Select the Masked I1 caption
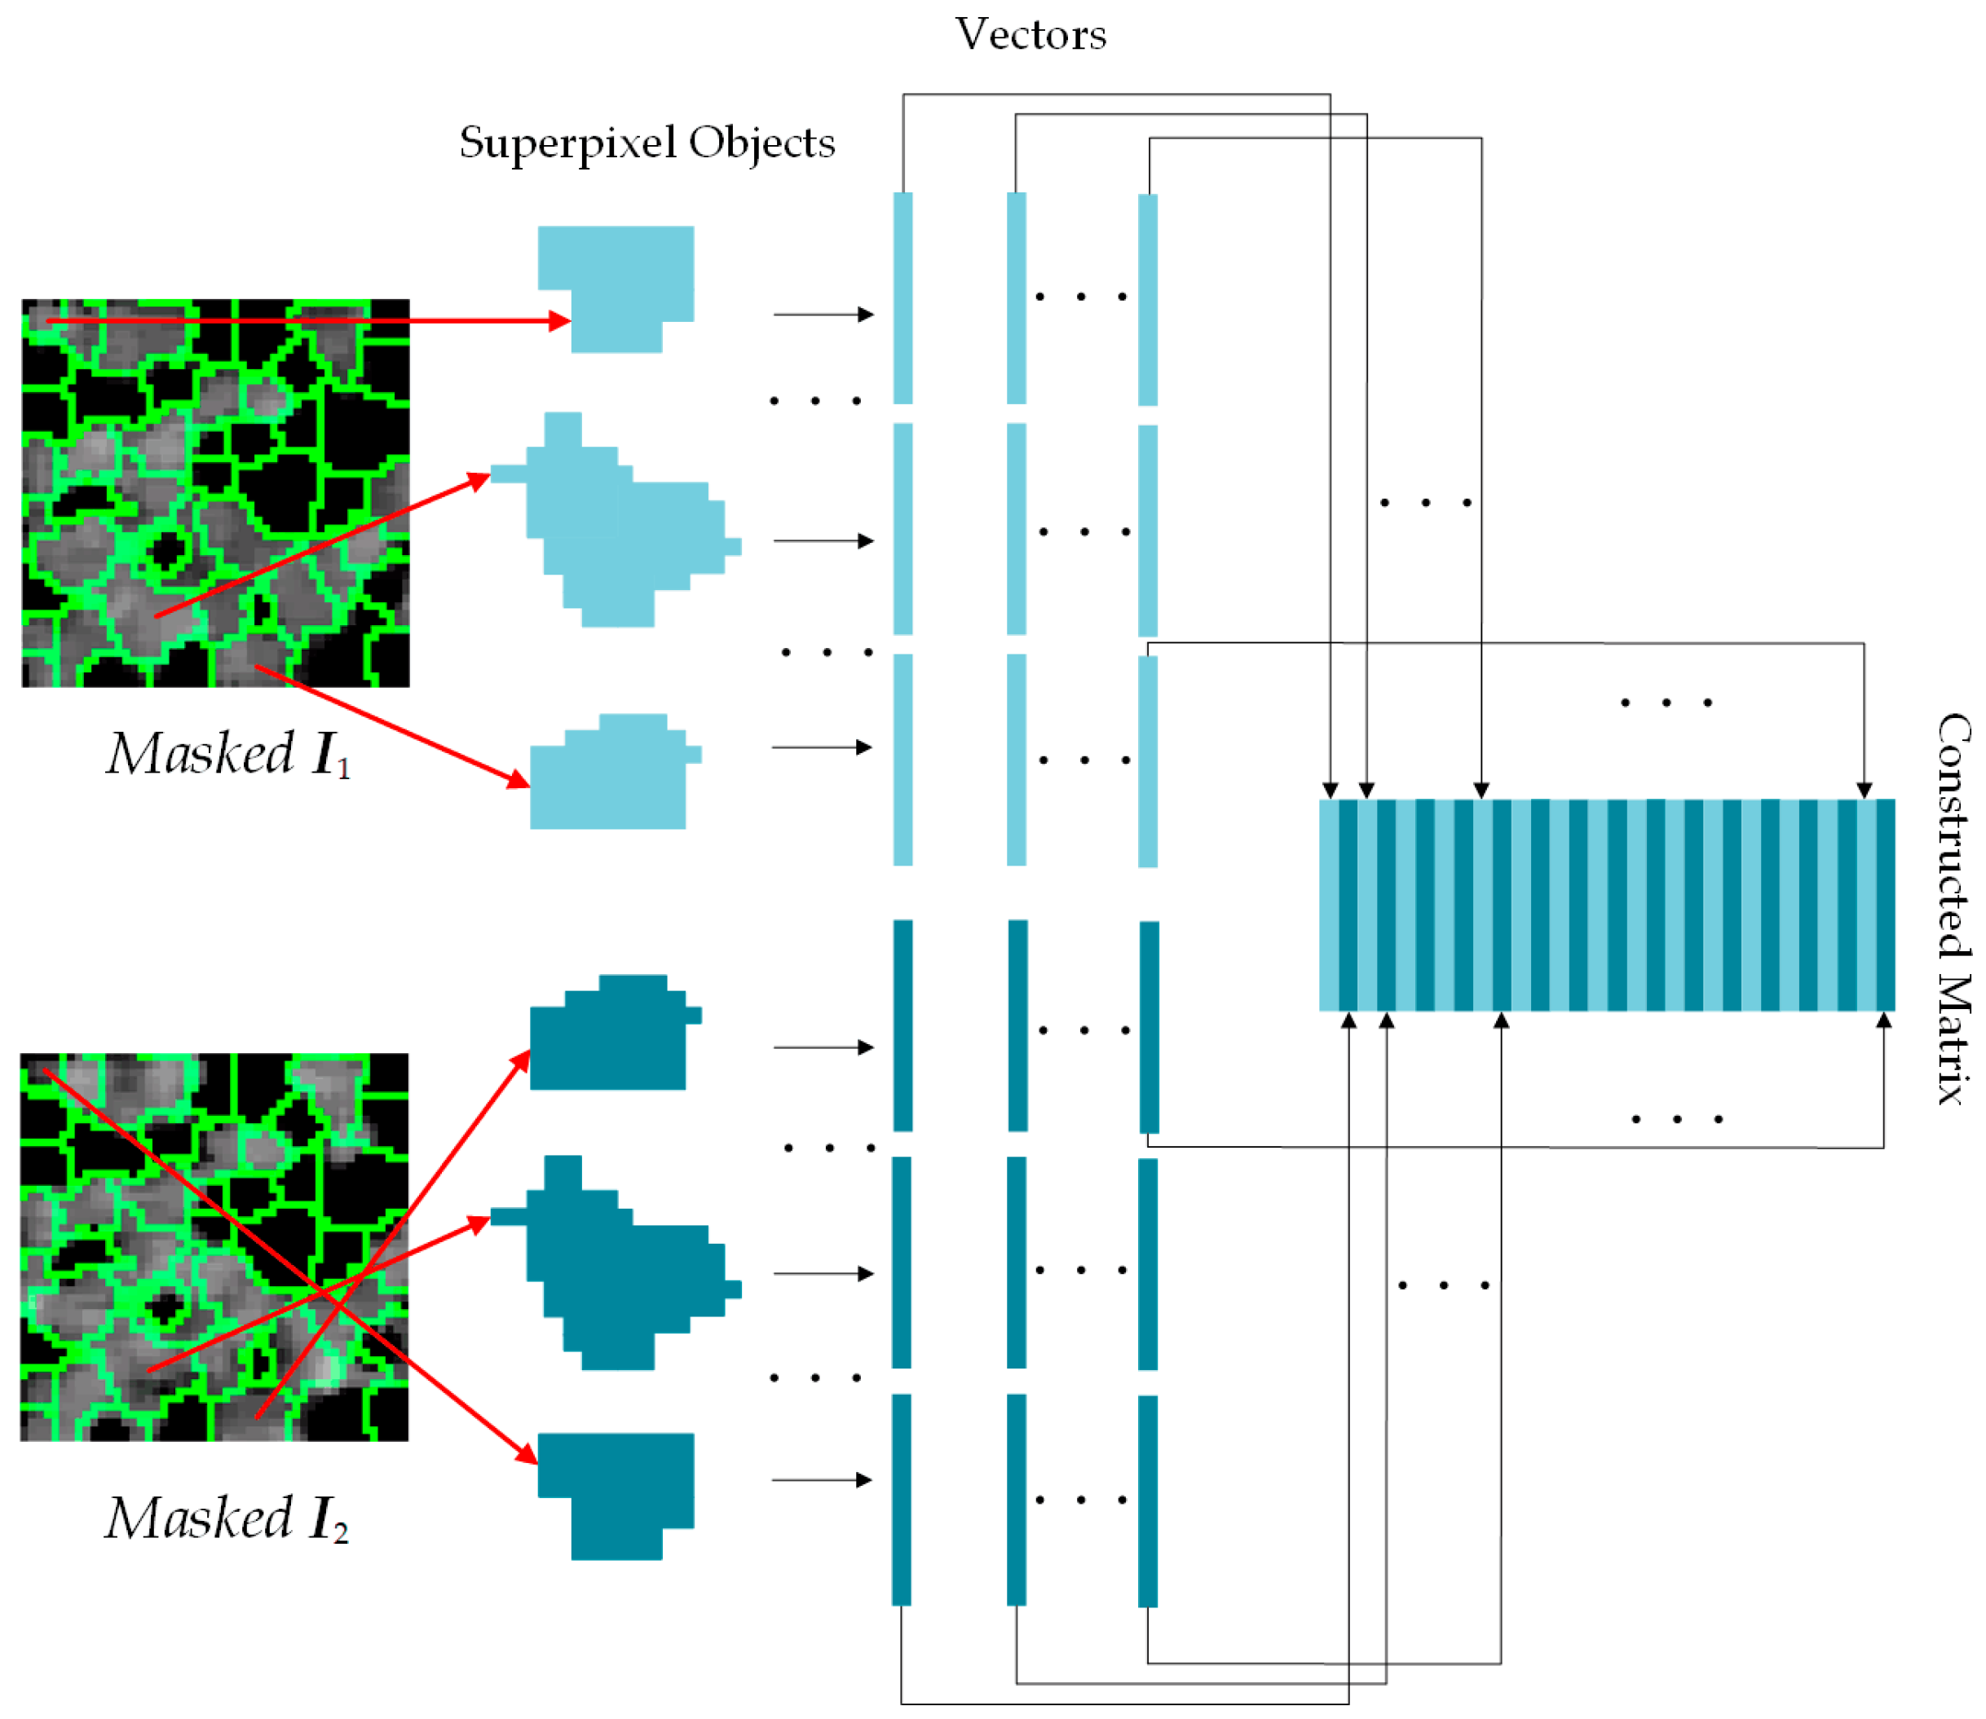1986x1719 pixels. pos(228,755)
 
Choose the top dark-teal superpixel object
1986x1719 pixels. pos(610,1036)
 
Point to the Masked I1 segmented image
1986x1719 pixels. pos(215,493)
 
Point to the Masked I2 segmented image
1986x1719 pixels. pos(214,1246)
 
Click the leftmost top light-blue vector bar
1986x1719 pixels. pos(902,298)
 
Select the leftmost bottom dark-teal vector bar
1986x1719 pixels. pos(901,1498)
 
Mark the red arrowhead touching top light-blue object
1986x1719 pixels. pos(559,321)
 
